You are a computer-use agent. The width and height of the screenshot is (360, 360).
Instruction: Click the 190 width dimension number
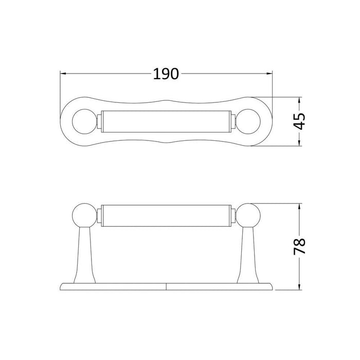[166, 74]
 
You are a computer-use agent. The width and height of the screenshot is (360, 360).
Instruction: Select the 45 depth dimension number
[300, 122]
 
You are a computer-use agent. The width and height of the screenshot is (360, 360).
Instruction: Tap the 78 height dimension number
[300, 246]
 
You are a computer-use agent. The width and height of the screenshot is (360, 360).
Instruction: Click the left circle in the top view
[82, 122]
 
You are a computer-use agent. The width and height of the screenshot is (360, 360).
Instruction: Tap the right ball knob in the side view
[250, 215]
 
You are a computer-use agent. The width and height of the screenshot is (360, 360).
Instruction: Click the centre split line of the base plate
[167, 285]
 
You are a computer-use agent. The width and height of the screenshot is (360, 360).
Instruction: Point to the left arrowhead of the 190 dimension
[63, 74]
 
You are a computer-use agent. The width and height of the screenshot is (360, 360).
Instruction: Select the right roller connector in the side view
[235, 215]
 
